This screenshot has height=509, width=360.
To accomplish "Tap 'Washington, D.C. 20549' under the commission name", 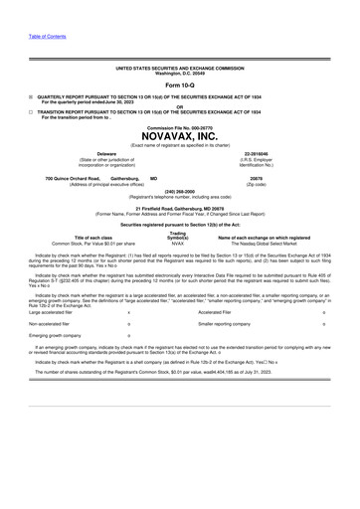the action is [x=179, y=73].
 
